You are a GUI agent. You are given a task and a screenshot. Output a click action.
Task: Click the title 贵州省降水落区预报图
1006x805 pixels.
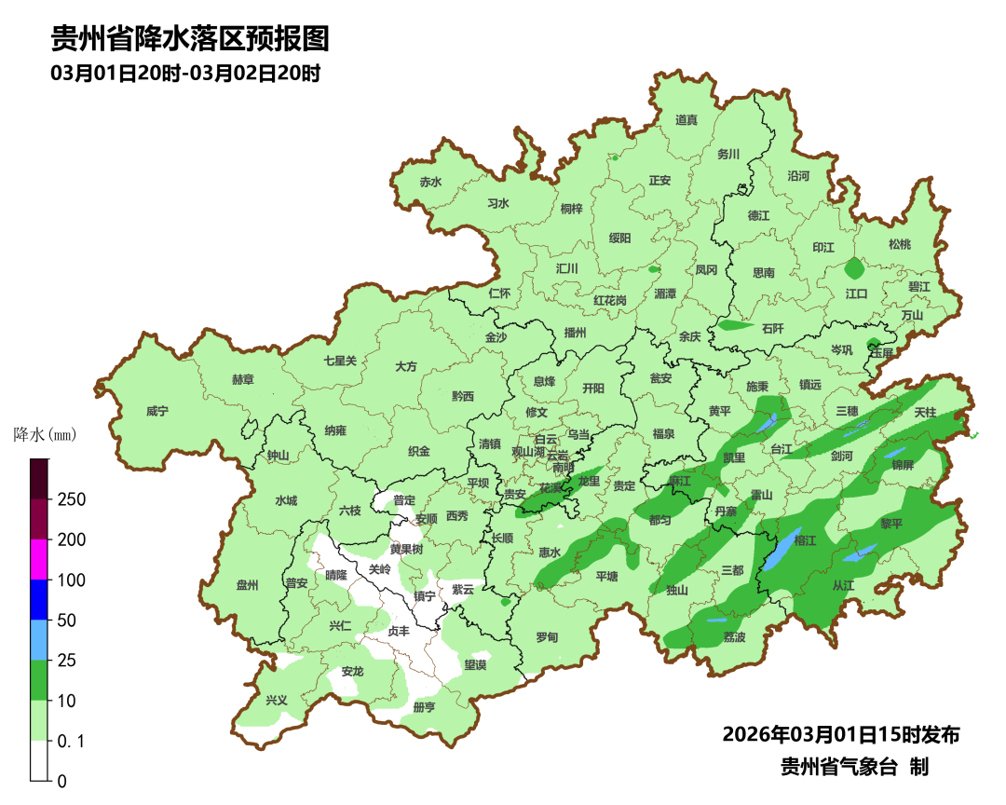point(190,39)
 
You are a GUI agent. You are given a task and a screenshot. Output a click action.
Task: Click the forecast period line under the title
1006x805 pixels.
point(186,73)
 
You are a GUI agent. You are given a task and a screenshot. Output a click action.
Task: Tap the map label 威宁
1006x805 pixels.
point(158,411)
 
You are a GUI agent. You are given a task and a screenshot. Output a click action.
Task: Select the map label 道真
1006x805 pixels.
point(687,120)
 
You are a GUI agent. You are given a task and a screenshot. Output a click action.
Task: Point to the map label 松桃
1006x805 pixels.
point(899,244)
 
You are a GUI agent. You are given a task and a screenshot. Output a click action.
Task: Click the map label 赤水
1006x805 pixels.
point(429,183)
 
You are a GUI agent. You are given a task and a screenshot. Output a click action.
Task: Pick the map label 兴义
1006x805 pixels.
point(277,701)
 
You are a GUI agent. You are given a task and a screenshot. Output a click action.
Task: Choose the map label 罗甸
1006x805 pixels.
point(547,637)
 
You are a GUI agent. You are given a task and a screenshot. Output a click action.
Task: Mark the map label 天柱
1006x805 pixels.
point(924,412)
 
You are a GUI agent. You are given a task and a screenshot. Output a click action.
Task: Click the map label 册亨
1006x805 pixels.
point(424,707)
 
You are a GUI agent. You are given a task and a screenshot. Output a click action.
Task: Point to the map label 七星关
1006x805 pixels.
point(340,361)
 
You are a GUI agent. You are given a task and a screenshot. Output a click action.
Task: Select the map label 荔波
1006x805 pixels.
point(734,637)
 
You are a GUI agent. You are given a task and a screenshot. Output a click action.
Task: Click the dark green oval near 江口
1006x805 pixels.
point(854,269)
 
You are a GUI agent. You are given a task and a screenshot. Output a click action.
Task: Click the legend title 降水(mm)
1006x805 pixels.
point(45,434)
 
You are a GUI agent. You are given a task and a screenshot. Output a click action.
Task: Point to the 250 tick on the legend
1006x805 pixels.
point(72,499)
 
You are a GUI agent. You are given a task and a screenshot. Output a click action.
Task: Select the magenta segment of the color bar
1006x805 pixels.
point(39,559)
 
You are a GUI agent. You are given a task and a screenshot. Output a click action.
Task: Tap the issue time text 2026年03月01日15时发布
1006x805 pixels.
point(840,734)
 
